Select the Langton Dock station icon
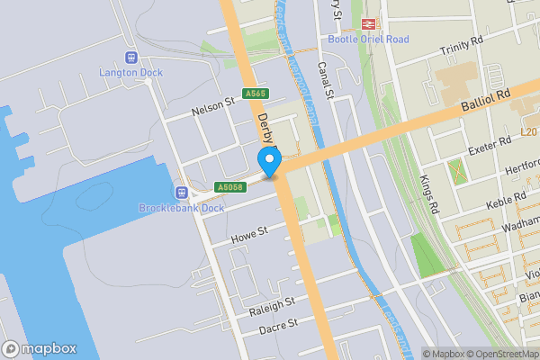pos(130,57)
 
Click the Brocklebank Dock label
pos(181,208)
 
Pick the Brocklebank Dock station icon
pos(181,192)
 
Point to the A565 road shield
pos(255,94)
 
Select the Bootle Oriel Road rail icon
pos(367,24)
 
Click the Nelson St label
pos(212,109)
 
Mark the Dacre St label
pos(278,329)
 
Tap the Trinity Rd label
pos(462,54)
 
